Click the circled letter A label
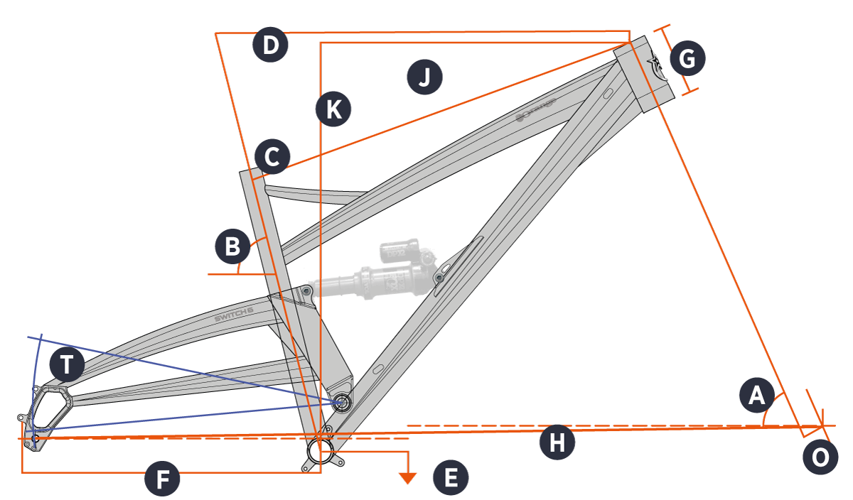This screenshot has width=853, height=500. pos(756,396)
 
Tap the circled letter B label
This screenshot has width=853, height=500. pos(232,247)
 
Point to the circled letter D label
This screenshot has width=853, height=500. pos(270,46)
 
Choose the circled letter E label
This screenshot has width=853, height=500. pos(451,478)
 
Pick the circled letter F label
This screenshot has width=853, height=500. pos(162,480)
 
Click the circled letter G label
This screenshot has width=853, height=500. pos(687,59)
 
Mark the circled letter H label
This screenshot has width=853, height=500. pos(557,442)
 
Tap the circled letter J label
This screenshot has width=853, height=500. pos(424,77)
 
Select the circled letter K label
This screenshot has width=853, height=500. pos(333,110)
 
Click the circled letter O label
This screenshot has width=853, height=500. pos(820,457)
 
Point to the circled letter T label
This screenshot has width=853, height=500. pos(66,365)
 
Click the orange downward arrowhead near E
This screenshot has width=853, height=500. pos(407,478)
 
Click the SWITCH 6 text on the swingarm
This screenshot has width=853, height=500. pos(234,314)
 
